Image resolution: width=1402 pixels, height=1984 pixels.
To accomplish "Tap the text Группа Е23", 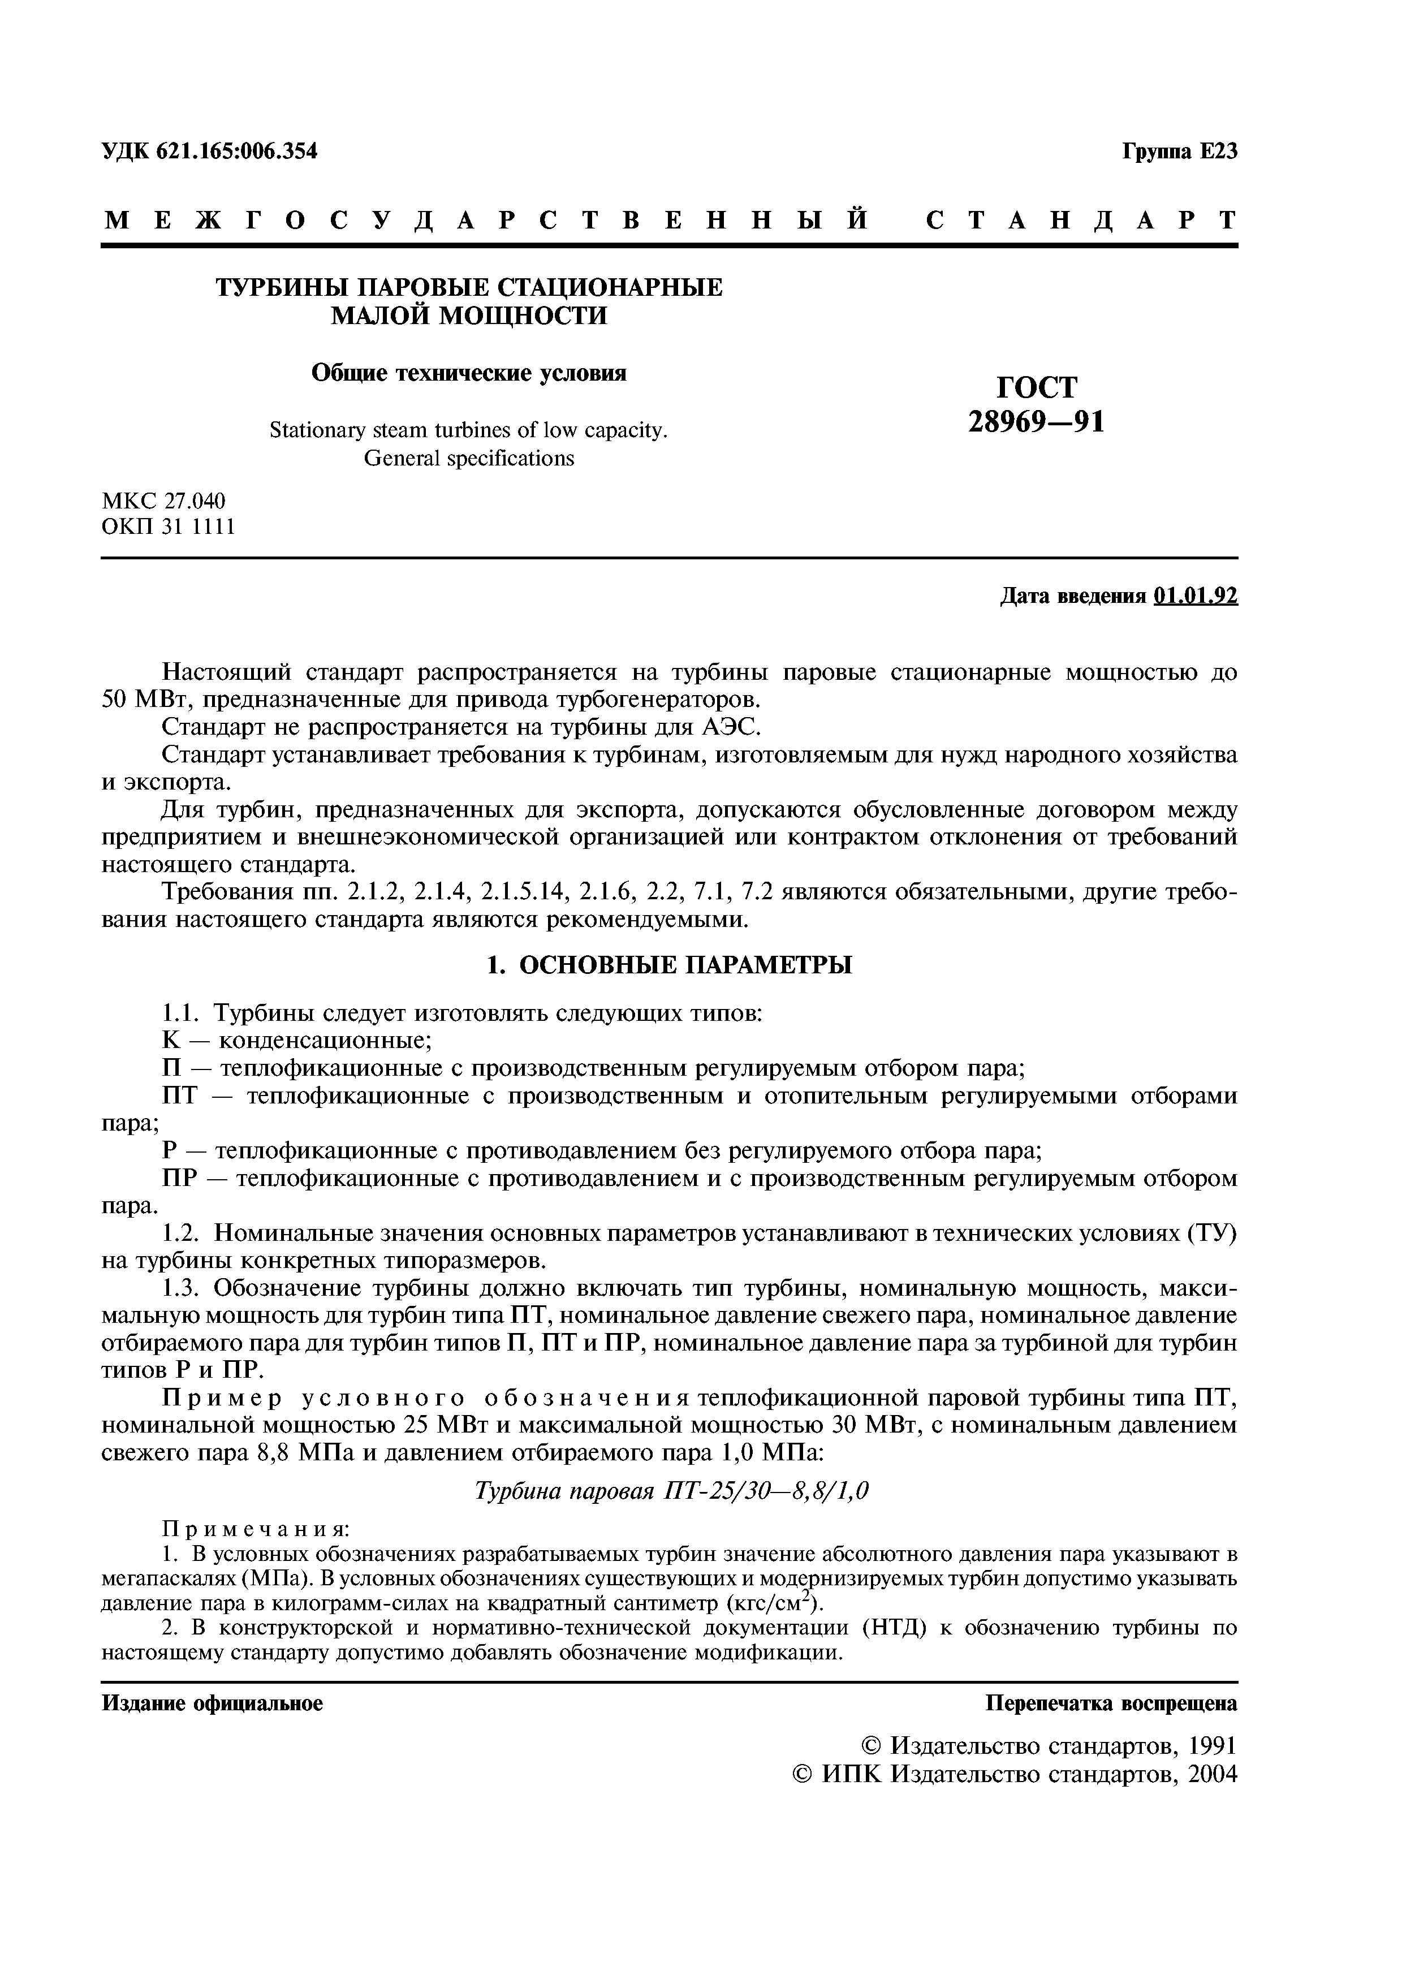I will click(1179, 151).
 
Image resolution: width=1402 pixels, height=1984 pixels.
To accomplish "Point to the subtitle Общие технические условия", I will click(468, 373).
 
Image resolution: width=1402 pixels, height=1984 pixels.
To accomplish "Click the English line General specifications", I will click(468, 458).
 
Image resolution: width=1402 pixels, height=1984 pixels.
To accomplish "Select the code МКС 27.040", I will click(163, 501).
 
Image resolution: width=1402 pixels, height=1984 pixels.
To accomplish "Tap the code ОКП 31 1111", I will click(169, 526).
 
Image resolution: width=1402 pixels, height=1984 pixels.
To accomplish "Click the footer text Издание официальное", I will click(213, 1703).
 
